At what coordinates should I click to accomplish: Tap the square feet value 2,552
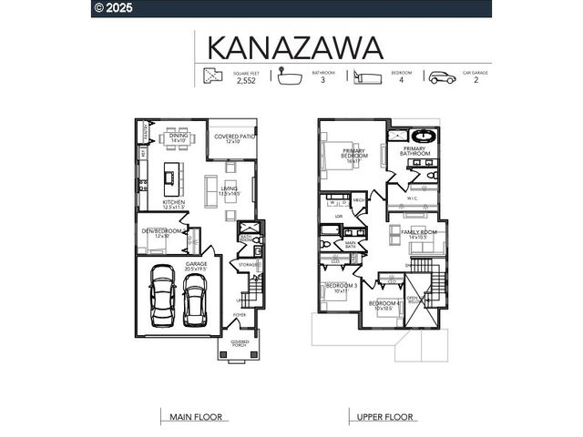[246, 80]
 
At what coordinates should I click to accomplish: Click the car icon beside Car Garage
[442, 77]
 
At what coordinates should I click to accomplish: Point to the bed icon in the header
[366, 76]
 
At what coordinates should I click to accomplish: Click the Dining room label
[178, 137]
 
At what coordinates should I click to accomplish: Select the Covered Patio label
[231, 137]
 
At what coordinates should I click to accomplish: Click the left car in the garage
[163, 296]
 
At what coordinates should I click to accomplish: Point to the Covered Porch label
[239, 344]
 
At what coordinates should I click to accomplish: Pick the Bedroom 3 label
[336, 289]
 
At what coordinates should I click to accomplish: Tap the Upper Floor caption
[384, 417]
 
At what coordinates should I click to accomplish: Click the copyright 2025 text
[113, 7]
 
